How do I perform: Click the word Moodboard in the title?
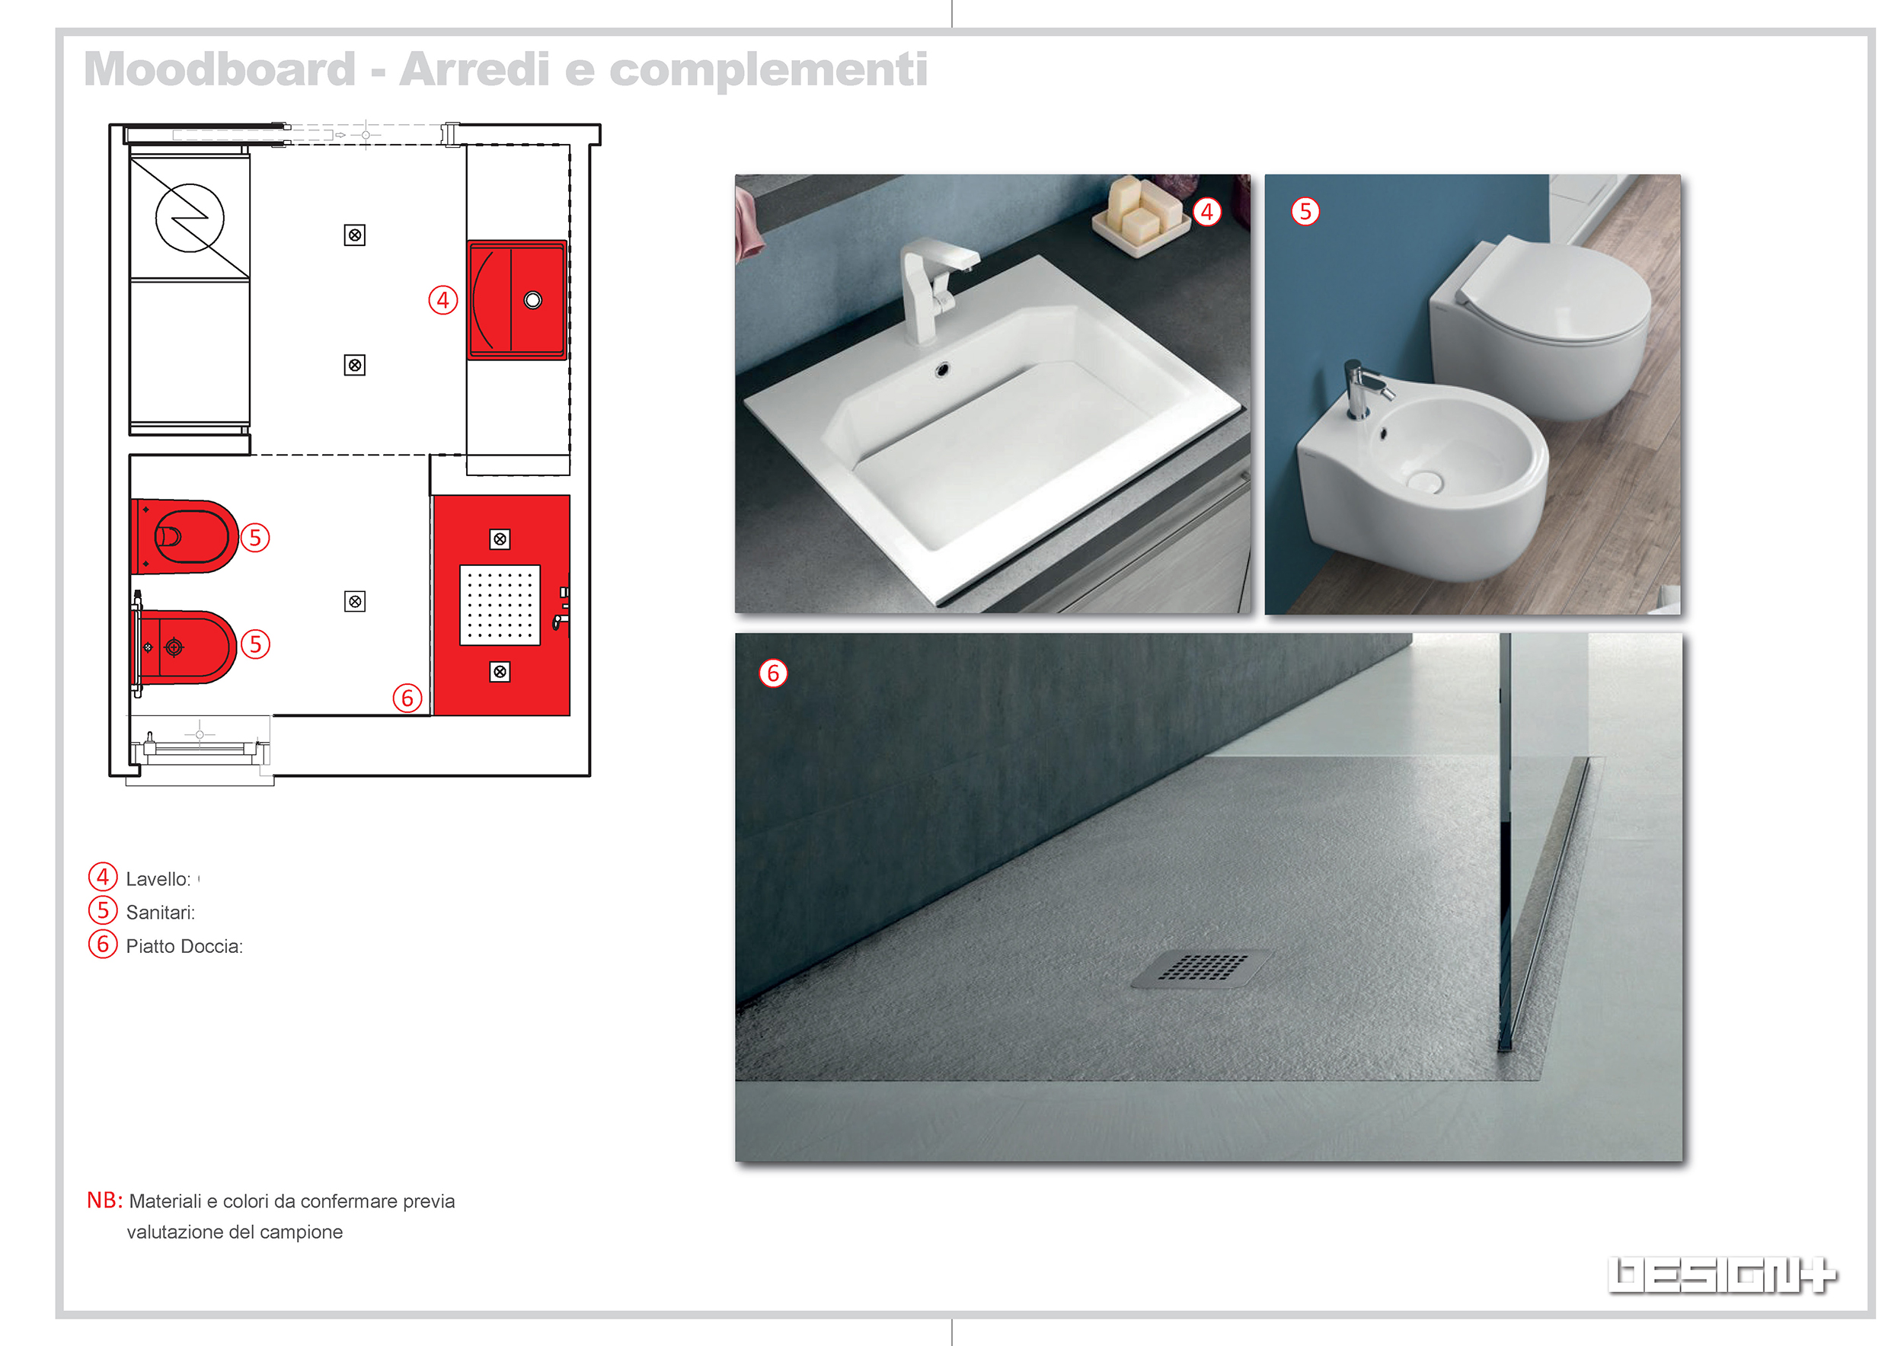coord(220,69)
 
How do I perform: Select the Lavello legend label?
coord(158,879)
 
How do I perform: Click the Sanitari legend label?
coord(161,913)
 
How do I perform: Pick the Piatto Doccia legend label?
coord(184,946)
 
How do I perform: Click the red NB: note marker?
coord(104,1200)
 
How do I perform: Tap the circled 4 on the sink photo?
coord(1206,213)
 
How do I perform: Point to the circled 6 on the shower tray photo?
coord(773,673)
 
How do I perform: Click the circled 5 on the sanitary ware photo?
coord(1305,212)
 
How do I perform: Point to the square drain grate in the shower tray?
coord(1202,968)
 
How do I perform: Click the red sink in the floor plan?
coord(516,300)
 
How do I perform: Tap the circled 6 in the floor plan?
coord(407,699)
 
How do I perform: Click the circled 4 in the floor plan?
coord(442,300)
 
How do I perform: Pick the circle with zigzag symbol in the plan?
coord(190,218)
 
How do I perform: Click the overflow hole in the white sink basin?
coord(942,370)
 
